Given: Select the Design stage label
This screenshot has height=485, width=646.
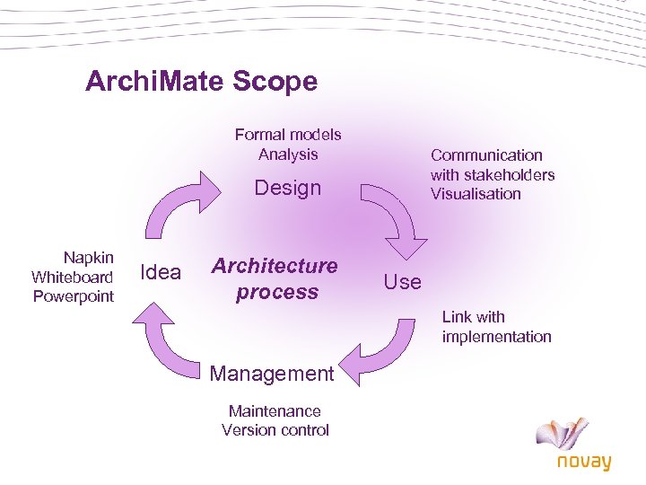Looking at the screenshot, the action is (x=287, y=188).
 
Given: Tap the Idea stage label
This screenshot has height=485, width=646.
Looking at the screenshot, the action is (x=161, y=272).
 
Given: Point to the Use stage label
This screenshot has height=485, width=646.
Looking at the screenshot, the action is (x=402, y=282).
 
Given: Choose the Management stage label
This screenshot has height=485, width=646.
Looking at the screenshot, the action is (x=271, y=373).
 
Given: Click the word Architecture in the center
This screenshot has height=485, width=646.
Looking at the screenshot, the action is (x=275, y=266).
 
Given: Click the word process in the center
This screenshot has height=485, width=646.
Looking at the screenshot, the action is (x=277, y=292).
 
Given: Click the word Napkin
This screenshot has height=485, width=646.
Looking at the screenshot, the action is (x=88, y=257).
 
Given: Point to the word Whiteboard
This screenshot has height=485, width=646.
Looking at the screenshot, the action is (x=72, y=277).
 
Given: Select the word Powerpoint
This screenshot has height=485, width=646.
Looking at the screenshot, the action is (x=74, y=296).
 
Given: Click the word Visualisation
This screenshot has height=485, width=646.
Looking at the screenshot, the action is (x=476, y=194).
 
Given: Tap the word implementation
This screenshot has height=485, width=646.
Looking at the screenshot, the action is (x=496, y=337).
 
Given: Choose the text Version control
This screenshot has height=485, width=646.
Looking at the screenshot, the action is (x=275, y=430).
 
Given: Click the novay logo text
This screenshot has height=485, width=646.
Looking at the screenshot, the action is (x=583, y=462).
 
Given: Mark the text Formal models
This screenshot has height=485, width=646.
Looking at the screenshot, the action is (x=288, y=135).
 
